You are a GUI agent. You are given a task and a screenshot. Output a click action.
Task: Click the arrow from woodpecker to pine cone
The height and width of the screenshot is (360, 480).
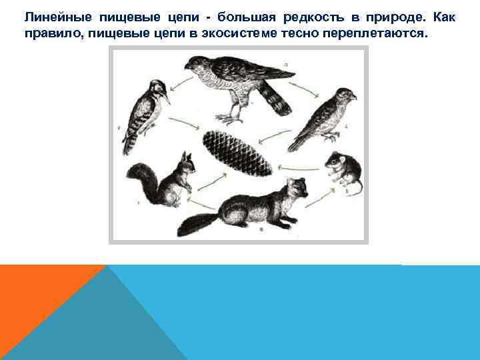coord(181,121)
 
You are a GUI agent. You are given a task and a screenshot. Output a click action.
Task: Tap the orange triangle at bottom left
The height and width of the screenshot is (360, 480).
coord(33,293)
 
